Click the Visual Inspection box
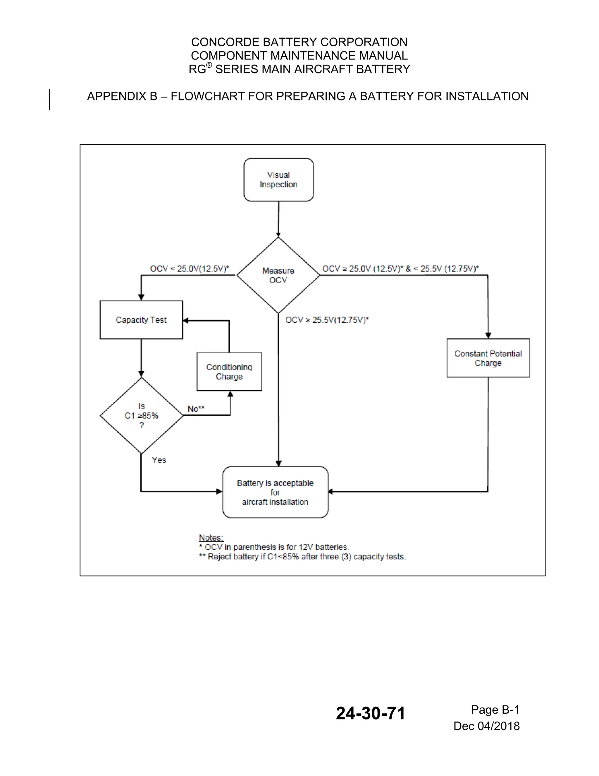click(278, 180)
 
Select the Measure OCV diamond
click(278, 275)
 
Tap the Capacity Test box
click(141, 320)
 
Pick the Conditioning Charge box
click(229, 372)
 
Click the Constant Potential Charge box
click(488, 358)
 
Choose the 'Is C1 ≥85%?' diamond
click(142, 416)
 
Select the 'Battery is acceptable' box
click(275, 493)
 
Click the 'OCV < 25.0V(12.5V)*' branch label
click(190, 269)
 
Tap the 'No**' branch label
click(196, 409)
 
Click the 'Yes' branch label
click(159, 460)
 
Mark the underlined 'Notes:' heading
click(211, 538)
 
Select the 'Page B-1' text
click(495, 710)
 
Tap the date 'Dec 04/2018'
click(486, 726)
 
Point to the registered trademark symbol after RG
click(209, 65)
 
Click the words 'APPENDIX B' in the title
click(122, 96)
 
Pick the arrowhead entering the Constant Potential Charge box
click(488, 335)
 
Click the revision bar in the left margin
click(50, 100)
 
